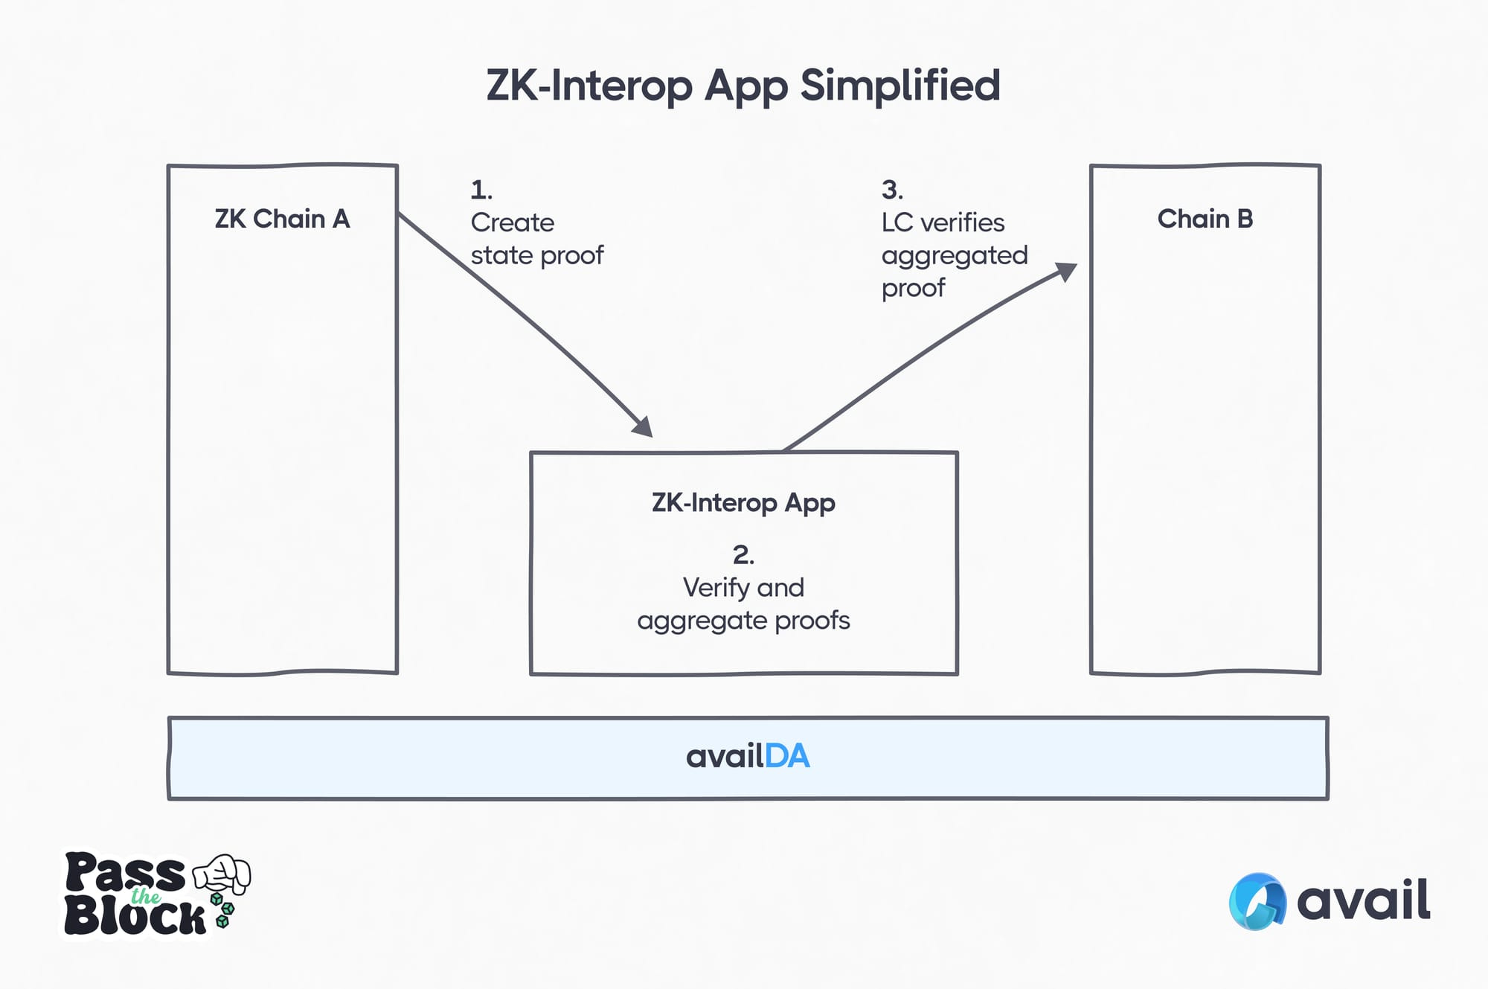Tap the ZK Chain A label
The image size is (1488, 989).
pyautogui.click(x=282, y=219)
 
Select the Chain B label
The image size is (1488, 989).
pyautogui.click(x=1205, y=219)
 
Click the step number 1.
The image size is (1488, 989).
pyautogui.click(x=481, y=191)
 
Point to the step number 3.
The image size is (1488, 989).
pyautogui.click(x=892, y=191)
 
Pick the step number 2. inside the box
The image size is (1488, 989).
pyautogui.click(x=743, y=555)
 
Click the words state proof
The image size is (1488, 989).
pyautogui.click(x=536, y=255)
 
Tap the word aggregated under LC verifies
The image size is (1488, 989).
pyautogui.click(x=954, y=256)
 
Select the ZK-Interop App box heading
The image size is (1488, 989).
pyautogui.click(x=743, y=503)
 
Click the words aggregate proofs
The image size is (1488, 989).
pyautogui.click(x=743, y=621)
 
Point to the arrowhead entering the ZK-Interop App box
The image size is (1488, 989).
pyautogui.click(x=644, y=427)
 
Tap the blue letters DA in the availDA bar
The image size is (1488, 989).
pyautogui.click(x=787, y=757)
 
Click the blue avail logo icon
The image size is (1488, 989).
pyautogui.click(x=1257, y=901)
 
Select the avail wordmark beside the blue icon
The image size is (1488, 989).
pyautogui.click(x=1363, y=900)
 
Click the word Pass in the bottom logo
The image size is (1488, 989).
pyautogui.click(x=124, y=872)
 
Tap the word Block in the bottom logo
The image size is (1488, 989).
pyautogui.click(x=135, y=917)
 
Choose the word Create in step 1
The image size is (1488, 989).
pyautogui.click(x=512, y=223)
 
